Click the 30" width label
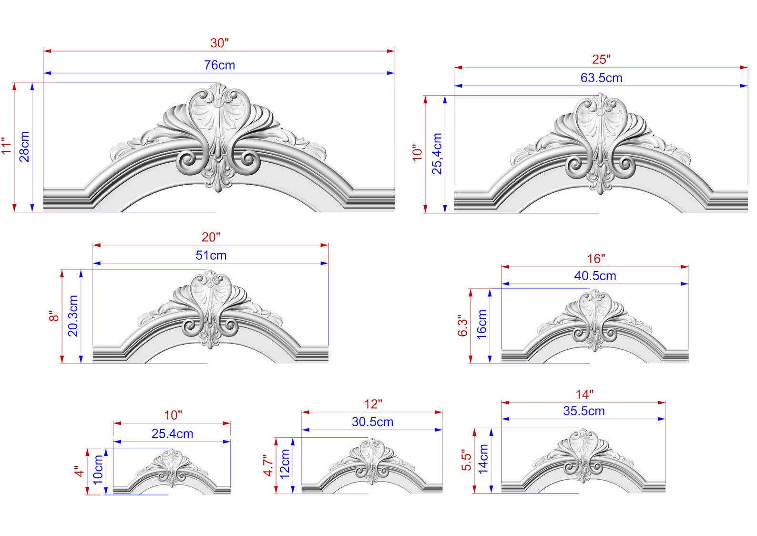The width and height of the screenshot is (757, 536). point(219,43)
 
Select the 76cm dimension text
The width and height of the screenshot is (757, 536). point(219,65)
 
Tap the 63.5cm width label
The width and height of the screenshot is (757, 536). point(601,78)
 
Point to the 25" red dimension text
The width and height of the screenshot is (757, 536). point(601,60)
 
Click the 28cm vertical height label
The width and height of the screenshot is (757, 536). point(24,147)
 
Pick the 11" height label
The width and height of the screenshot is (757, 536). point(6,146)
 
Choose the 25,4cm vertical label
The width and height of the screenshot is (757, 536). point(437,153)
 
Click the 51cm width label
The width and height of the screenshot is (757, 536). point(211,255)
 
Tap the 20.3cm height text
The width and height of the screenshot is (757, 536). point(73,315)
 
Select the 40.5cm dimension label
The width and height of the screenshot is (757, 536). point(595,276)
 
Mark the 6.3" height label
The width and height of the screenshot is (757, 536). point(463,326)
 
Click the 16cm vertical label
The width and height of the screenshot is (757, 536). point(482,325)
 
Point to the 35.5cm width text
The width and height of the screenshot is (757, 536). point(583,411)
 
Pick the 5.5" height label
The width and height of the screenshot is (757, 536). point(466,460)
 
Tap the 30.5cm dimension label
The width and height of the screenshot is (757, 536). point(372,422)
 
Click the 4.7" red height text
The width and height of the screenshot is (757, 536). point(268,465)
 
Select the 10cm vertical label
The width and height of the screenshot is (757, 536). point(98,470)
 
